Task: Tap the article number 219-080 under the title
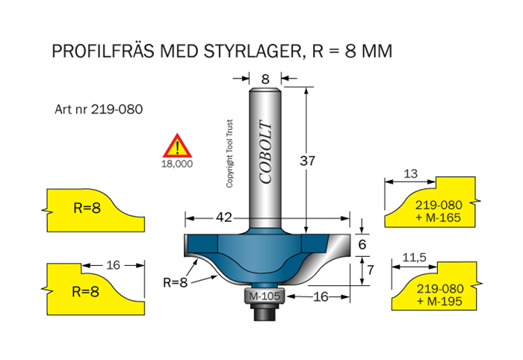click(117, 108)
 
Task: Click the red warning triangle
click(177, 145)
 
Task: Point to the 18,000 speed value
click(177, 162)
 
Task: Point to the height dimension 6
click(362, 243)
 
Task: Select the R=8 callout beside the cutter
click(176, 282)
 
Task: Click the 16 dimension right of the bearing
click(320, 297)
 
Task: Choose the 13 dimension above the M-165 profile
click(409, 173)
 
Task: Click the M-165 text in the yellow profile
click(445, 217)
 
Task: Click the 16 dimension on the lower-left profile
click(113, 264)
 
